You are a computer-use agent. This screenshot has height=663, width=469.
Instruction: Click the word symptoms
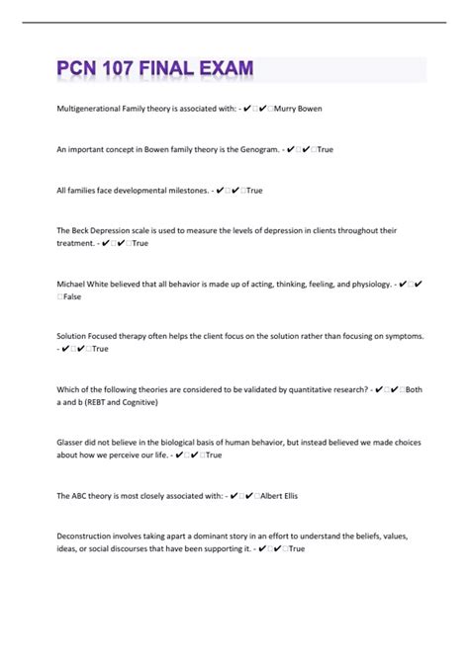[399, 337]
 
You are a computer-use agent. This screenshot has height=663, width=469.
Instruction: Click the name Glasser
[74, 444]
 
